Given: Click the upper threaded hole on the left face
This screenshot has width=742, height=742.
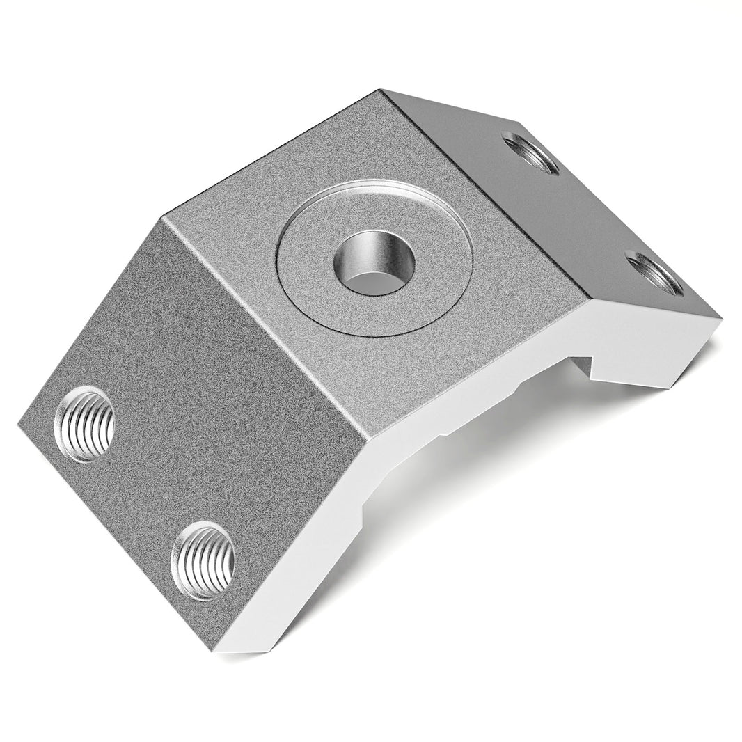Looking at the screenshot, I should [x=86, y=424].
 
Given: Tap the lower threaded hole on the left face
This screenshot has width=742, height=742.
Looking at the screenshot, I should [x=203, y=560].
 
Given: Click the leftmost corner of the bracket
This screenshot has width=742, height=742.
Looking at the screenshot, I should [x=17, y=423].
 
